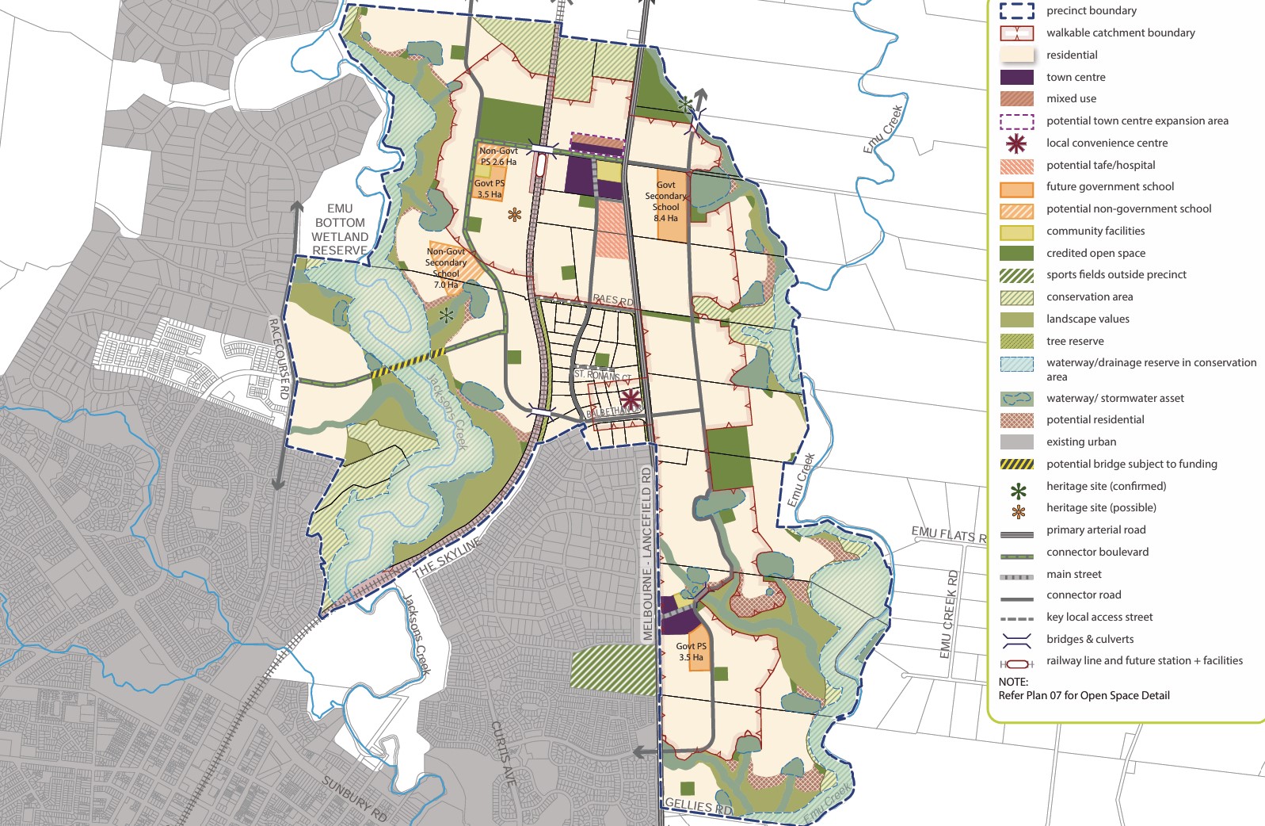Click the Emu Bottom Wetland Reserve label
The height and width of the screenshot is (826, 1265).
point(340,230)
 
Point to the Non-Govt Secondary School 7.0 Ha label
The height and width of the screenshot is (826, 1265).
point(446,268)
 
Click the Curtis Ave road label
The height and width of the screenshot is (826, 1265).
point(503,753)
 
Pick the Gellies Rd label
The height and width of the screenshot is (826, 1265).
point(698,806)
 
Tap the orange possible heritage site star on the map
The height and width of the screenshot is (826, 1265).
point(515,214)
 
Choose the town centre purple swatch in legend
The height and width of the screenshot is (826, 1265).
point(1016,77)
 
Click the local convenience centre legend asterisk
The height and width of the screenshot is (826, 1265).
point(1016,143)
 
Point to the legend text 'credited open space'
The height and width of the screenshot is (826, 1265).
point(1095,253)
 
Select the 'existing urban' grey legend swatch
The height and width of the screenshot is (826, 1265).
point(1016,442)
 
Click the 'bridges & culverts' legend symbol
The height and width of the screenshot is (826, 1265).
point(1016,639)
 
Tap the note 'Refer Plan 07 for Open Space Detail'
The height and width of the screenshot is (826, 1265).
point(1084,695)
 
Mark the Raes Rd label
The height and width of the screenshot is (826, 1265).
point(613,300)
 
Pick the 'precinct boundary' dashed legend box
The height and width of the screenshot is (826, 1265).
point(1016,11)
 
